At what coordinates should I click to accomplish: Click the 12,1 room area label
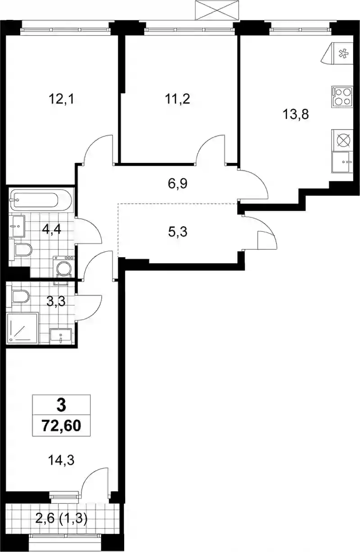62,100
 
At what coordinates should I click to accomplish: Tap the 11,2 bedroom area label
177,100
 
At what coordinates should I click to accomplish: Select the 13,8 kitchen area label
296,114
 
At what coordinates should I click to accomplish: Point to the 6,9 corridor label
178,184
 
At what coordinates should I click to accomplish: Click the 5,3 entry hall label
178,232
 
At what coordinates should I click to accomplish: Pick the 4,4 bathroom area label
51,230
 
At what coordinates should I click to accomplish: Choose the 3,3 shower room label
56,301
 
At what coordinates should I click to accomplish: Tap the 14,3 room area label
61,460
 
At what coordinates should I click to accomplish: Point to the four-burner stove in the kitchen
342,97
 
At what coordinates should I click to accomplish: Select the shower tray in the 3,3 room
23,328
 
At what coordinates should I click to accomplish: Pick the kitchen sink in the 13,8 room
342,162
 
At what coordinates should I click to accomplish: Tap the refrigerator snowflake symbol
343,54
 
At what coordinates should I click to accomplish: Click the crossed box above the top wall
217,10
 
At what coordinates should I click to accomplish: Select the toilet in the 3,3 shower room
18,296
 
